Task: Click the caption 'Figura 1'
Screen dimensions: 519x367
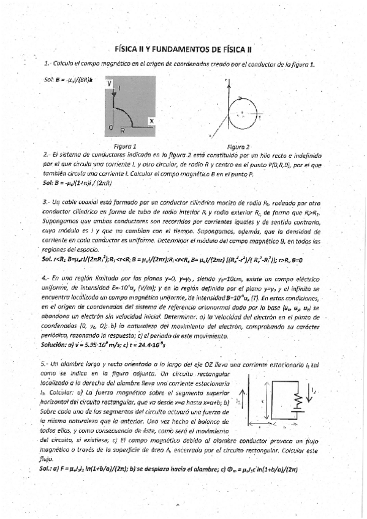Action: click(x=125, y=146)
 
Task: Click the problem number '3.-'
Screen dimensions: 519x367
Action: click(x=46, y=201)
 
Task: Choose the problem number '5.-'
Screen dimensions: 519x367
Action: click(x=46, y=363)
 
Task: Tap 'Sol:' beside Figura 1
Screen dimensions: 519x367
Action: click(x=49, y=80)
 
